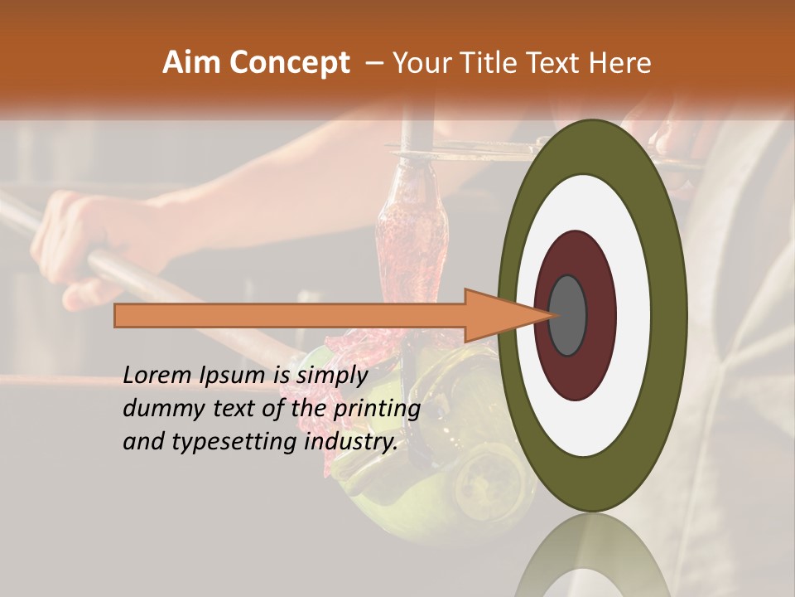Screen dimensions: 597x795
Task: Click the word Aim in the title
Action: tap(192, 63)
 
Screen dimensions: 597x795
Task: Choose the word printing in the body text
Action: tap(377, 409)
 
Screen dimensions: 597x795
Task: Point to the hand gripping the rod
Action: tap(91, 240)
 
